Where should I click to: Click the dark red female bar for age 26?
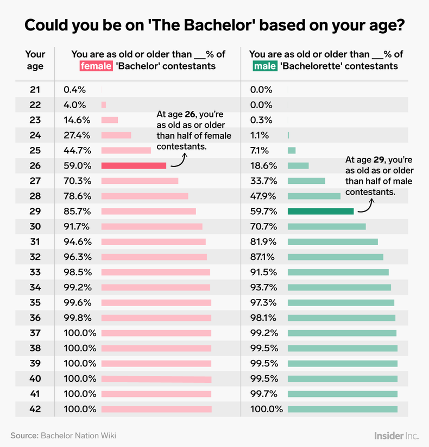click(134, 166)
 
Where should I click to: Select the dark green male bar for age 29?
click(320, 212)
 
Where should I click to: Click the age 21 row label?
click(35, 90)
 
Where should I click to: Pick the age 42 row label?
click(35, 409)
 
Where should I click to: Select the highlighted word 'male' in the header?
click(264, 66)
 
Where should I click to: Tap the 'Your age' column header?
click(35, 60)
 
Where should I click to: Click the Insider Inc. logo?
click(396, 436)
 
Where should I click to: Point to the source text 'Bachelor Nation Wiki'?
click(78, 436)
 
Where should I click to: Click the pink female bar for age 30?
click(152, 227)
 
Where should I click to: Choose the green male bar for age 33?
click(338, 272)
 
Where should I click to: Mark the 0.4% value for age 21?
click(74, 90)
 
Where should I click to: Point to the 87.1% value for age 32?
click(262, 257)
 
